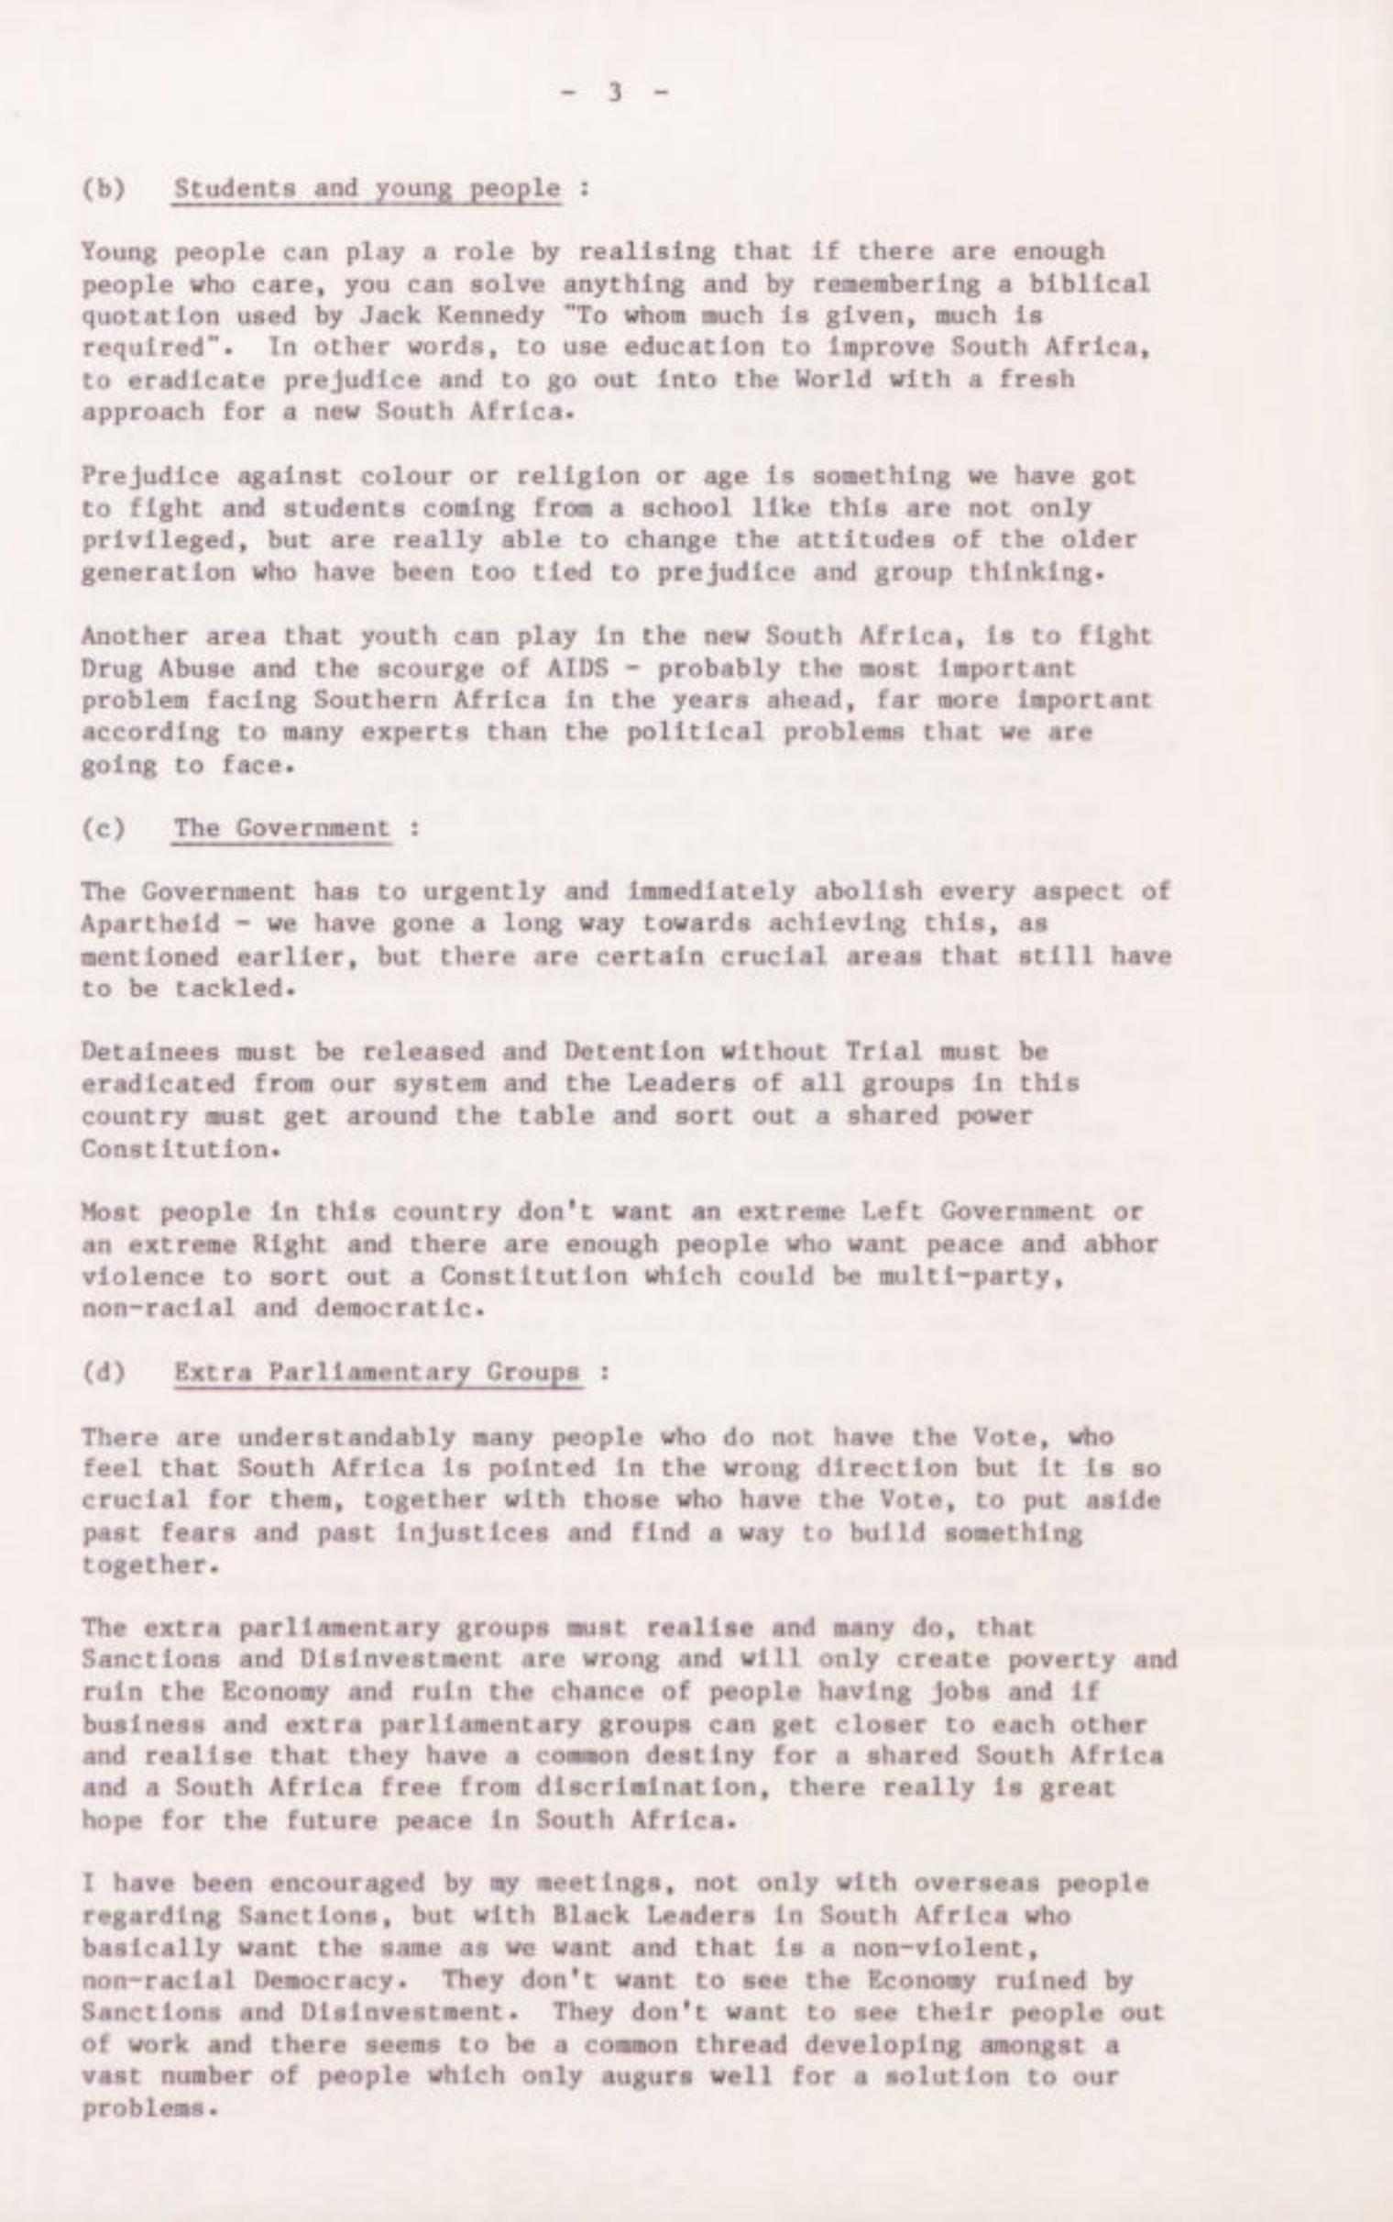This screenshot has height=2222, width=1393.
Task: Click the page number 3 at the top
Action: [615, 91]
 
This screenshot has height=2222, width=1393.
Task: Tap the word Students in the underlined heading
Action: [235, 188]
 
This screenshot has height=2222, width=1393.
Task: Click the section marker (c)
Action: [104, 827]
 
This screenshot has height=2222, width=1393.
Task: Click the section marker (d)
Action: [104, 1372]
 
